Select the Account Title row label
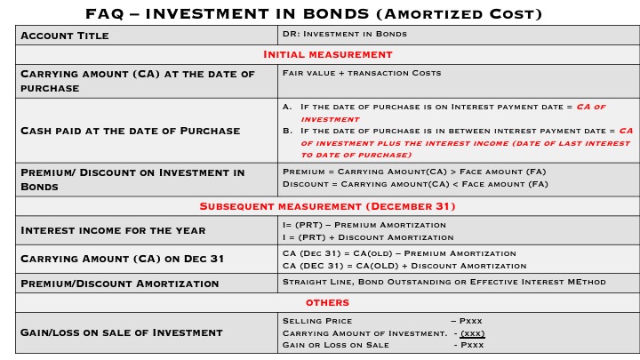[76, 36]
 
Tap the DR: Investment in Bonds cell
[344, 35]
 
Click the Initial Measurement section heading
[328, 54]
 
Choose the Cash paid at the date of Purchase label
[130, 131]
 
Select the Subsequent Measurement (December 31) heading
[327, 206]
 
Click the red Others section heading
[327, 303]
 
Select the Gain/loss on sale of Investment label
[121, 332]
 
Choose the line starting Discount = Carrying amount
[414, 184]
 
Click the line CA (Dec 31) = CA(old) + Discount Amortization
[398, 265]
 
